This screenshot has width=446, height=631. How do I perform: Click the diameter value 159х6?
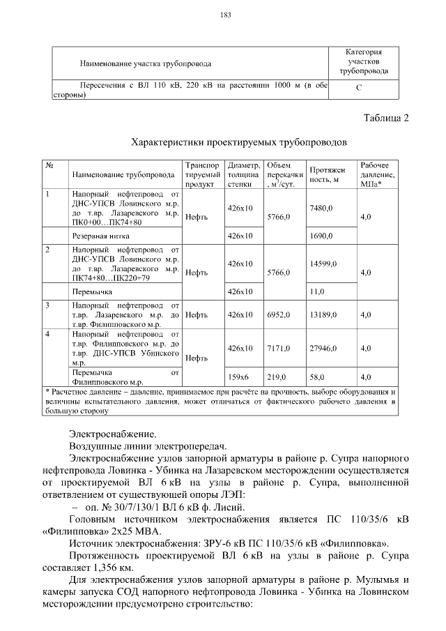[x=240, y=377]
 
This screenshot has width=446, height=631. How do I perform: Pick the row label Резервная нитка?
[x=96, y=236]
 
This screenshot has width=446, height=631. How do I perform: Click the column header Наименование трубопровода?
[x=122, y=174]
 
